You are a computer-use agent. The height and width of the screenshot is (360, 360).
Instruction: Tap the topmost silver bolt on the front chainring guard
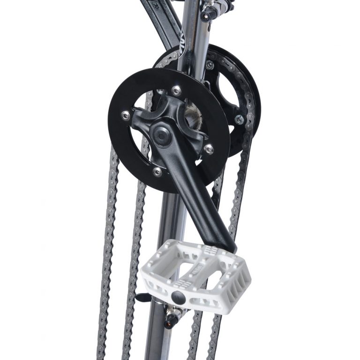pos(176,90)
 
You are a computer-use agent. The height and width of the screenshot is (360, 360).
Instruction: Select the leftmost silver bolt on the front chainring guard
pos(125,115)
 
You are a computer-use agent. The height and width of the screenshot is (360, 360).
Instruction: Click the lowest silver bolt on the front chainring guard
pos(157,172)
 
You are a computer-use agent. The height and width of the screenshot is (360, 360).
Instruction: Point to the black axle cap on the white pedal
pos(177,296)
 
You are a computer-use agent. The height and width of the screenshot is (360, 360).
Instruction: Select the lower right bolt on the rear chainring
pos(239,120)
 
